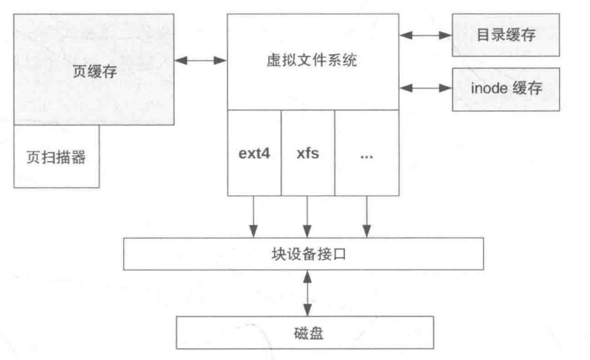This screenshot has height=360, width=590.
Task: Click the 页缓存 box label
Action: tap(95, 71)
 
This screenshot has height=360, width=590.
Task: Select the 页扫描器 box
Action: tap(56, 157)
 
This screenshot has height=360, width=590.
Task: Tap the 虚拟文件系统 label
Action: tap(312, 62)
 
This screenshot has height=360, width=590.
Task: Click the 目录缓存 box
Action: tap(505, 34)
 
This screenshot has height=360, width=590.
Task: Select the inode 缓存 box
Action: tap(505, 88)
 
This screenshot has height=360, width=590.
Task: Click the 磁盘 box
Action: tap(305, 333)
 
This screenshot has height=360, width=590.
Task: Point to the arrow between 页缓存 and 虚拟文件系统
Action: tap(201, 61)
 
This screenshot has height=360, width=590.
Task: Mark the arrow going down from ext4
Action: tap(253, 216)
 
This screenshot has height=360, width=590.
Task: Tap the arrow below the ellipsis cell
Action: tap(366, 216)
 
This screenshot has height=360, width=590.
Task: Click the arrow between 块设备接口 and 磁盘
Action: tap(305, 294)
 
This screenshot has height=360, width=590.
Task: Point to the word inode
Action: tap(486, 88)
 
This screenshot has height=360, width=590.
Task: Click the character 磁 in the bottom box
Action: tap(297, 333)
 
